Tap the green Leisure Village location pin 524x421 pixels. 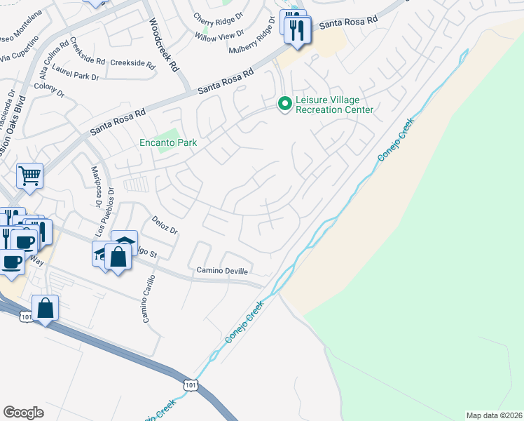pos(284,105)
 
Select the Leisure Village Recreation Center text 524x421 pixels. pos(334,105)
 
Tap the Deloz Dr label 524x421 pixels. pos(165,225)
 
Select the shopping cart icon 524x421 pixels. pos(29,177)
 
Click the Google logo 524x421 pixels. pos(23,413)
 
